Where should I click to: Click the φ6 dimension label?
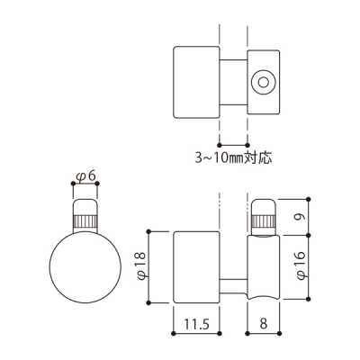[85, 176]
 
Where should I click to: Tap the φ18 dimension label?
[141, 265]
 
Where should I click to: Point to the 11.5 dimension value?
[196, 324]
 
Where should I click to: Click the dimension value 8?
[264, 324]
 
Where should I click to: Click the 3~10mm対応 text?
[234, 157]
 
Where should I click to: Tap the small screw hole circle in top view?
[263, 83]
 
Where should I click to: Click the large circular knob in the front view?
[85, 267]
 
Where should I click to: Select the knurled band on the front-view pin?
[85, 221]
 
